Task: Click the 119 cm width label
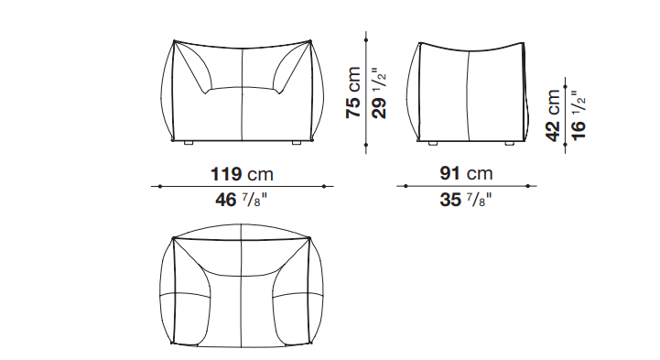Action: (x=242, y=174)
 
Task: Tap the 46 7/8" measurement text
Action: (x=241, y=199)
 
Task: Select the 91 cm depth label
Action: (x=466, y=173)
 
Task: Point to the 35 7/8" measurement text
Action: (x=466, y=199)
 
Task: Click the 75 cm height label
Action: (x=353, y=93)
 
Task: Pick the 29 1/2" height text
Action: (x=379, y=93)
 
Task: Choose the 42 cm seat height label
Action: (x=553, y=115)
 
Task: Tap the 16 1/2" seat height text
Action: (x=579, y=115)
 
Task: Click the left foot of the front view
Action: (x=189, y=143)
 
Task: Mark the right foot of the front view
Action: (x=297, y=143)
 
